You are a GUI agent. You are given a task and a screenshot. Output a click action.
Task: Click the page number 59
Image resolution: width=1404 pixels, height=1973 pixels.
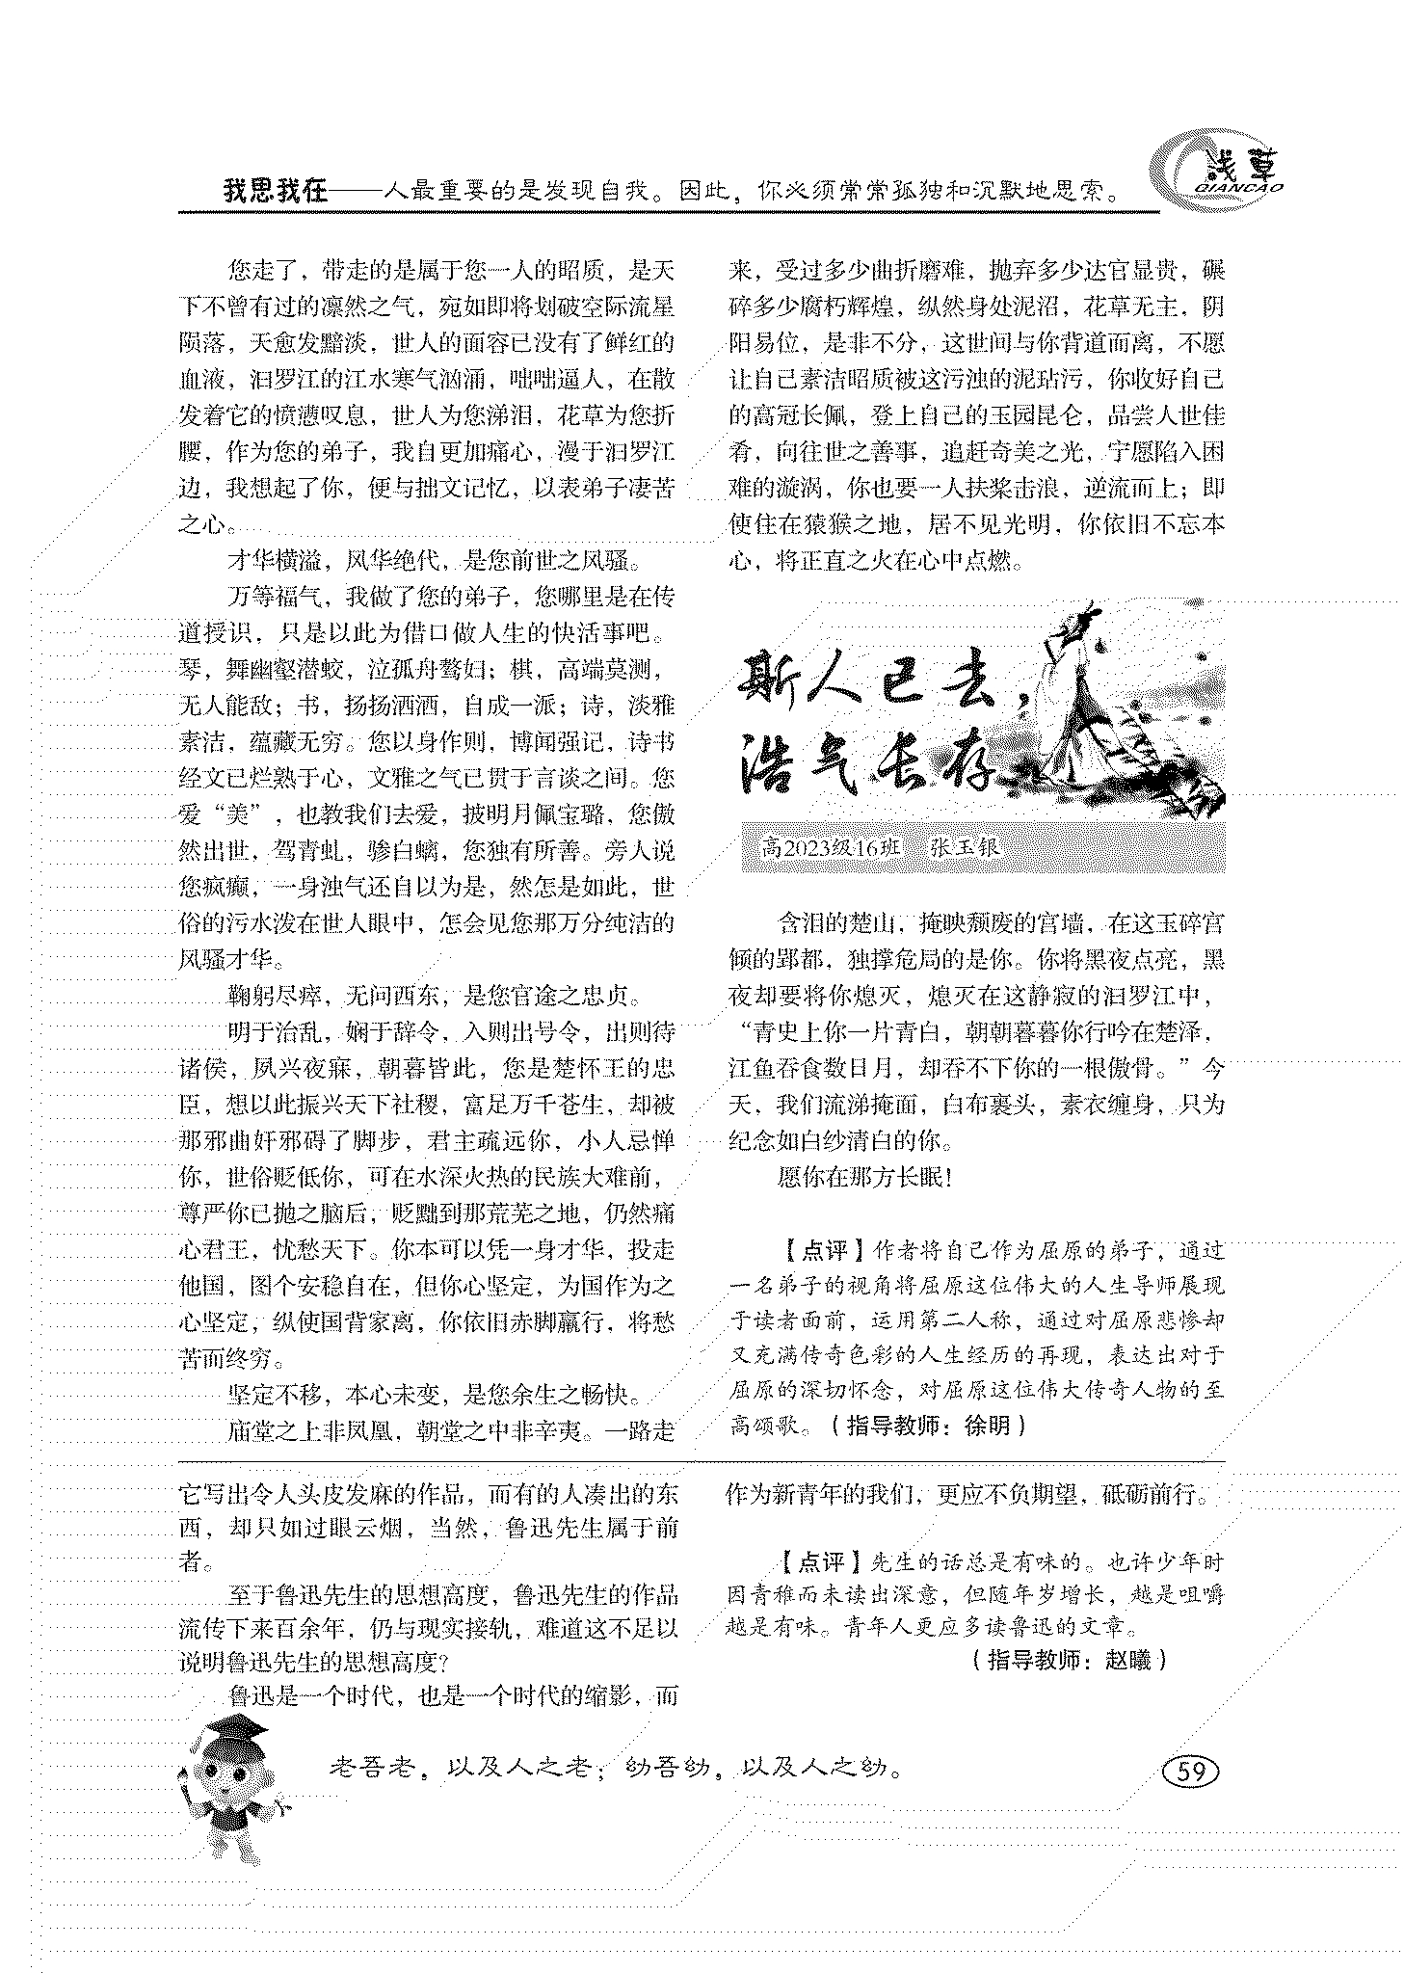click(1191, 1771)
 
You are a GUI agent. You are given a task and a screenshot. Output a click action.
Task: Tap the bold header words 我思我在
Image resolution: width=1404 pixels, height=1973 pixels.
click(277, 191)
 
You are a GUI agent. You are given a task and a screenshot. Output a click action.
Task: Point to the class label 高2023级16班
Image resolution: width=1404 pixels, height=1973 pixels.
click(831, 847)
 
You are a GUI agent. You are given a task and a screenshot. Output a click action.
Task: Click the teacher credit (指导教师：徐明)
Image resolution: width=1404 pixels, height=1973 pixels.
click(927, 1425)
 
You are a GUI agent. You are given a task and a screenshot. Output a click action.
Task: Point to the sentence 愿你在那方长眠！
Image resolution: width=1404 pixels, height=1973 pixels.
click(863, 1177)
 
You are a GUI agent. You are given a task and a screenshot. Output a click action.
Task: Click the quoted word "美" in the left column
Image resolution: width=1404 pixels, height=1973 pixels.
click(238, 814)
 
